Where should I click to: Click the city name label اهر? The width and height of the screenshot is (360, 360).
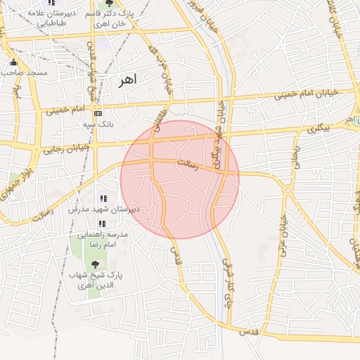tap(127, 81)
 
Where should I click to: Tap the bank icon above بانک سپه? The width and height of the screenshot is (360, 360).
tap(98, 112)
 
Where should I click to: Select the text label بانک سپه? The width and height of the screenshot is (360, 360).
tap(98, 124)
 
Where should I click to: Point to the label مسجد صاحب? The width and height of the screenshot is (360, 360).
tap(24, 72)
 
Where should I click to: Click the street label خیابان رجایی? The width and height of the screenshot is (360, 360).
tap(67, 148)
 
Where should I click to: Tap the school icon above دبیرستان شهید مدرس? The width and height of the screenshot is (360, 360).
tap(103, 199)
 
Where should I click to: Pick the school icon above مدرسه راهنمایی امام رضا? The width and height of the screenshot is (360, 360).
tap(102, 224)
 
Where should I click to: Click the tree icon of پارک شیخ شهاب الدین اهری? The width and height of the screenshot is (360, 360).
tap(96, 264)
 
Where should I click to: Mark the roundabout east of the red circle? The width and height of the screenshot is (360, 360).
tap(288, 190)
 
